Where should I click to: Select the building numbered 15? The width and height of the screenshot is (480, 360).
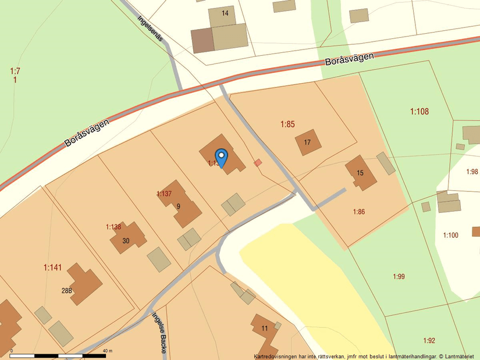click(360, 173)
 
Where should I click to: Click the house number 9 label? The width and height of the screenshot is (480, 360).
click(179, 206)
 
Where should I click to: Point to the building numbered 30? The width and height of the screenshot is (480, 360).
click(126, 240)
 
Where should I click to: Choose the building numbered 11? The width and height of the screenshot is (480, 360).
click(265, 329)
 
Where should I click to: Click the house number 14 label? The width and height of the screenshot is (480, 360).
click(225, 13)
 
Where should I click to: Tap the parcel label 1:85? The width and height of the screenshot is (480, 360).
click(287, 124)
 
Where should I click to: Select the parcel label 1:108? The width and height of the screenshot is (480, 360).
click(419, 111)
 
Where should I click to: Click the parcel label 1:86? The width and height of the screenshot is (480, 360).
click(358, 212)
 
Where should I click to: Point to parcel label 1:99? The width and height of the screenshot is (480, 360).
click(399, 276)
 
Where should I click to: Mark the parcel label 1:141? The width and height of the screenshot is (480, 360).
click(52, 268)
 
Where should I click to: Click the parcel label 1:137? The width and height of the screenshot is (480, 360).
click(164, 194)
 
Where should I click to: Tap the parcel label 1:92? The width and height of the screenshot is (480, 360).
click(429, 341)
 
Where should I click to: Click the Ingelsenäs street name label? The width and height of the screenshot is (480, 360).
click(150, 27)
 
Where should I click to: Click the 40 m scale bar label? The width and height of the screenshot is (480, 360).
click(107, 351)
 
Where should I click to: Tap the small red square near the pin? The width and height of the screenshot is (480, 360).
click(258, 163)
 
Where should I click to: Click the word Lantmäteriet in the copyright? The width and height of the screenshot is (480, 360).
click(460, 356)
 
